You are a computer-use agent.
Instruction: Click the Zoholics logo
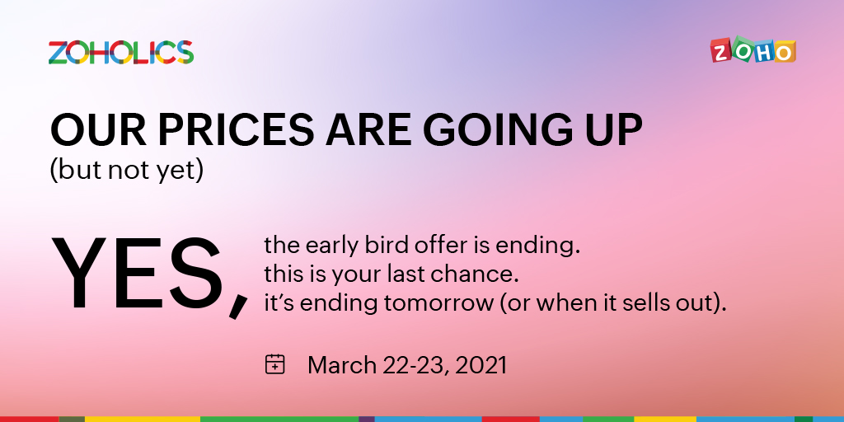[x=121, y=52]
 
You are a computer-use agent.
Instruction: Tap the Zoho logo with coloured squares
[x=753, y=50]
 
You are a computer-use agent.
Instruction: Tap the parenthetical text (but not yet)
[x=126, y=171]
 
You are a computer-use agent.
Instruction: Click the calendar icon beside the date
[x=275, y=363]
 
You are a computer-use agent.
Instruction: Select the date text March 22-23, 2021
[x=407, y=364]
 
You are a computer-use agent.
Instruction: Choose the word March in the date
[x=341, y=364]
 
